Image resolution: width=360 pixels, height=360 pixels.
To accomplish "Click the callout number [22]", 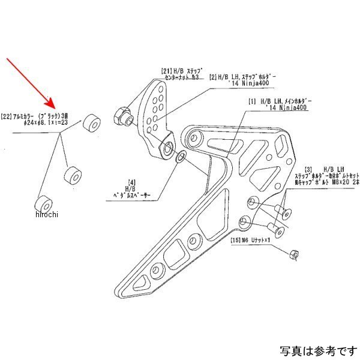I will pos(8,115).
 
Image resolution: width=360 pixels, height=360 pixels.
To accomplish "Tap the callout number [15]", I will pos(235,241).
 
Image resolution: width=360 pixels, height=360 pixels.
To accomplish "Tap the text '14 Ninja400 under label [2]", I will pos(239,85).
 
